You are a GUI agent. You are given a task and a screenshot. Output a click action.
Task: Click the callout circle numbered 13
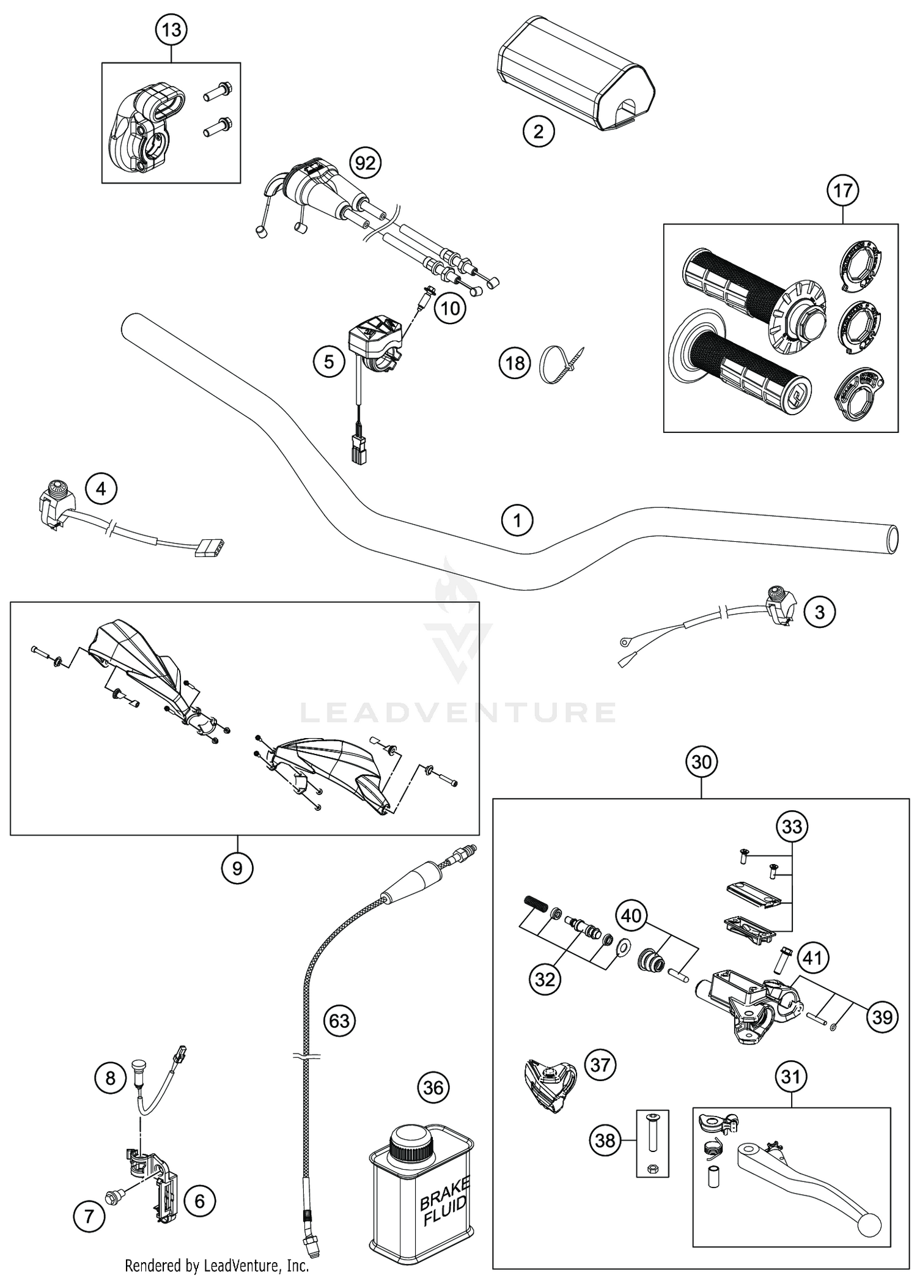coord(171,29)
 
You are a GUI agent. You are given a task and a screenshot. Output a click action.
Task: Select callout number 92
coord(365,163)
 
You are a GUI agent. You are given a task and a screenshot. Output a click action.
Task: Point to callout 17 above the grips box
coord(842,191)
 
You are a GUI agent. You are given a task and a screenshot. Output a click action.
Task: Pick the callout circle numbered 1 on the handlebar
coord(517,520)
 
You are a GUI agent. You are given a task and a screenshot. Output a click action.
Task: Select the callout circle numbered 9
coord(237,868)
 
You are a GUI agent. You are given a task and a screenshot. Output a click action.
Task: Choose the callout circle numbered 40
coord(632,915)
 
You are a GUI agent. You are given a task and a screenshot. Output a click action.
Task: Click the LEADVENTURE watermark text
coord(458,712)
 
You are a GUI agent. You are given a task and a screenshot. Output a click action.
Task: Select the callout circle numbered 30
coord(701,762)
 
